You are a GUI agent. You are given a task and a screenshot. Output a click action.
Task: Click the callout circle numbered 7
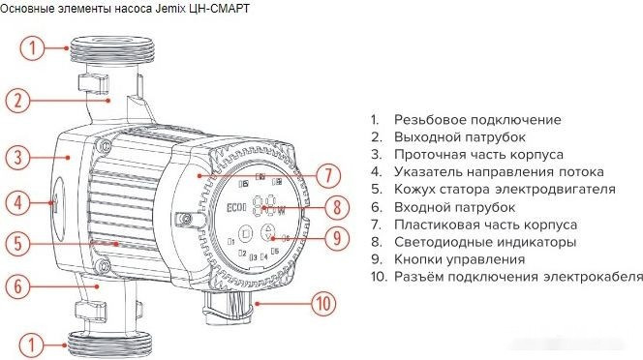(x=327, y=175)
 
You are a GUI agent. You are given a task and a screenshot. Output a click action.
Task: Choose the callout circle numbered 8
(x=336, y=206)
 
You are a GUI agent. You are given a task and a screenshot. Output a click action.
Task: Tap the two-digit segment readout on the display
(x=263, y=206)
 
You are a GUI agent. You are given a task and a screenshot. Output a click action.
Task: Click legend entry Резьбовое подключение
(x=476, y=120)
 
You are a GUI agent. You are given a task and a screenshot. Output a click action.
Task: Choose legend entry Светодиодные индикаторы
(x=485, y=242)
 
